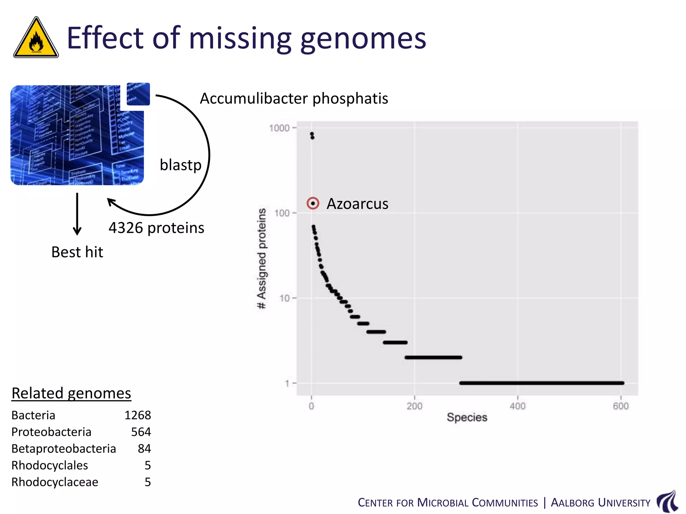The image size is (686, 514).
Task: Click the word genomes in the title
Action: [x=363, y=38]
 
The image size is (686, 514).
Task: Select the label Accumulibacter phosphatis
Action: [x=294, y=98]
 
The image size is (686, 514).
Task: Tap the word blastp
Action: [x=181, y=165]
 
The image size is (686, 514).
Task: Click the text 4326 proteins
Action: [x=156, y=228]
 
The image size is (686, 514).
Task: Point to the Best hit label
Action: [x=77, y=252]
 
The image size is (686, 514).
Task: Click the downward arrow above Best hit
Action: [x=77, y=214]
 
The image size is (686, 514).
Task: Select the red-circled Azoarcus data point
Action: [x=313, y=203]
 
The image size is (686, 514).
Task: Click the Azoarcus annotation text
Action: [x=357, y=204]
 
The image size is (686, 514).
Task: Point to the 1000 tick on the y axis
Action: [x=279, y=128]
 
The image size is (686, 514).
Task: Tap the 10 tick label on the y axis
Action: [x=284, y=298]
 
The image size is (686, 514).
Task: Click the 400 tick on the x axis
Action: [x=518, y=406]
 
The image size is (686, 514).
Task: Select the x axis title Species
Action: [x=467, y=417]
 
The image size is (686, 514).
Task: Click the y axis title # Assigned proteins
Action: [x=262, y=258]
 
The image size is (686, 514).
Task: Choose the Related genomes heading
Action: [x=71, y=393]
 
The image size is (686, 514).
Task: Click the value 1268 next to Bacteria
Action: [x=138, y=415]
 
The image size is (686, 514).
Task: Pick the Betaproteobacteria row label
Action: [x=64, y=449]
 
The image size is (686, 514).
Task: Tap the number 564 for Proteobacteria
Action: [x=141, y=432]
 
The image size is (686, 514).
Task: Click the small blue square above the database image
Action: [x=138, y=94]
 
